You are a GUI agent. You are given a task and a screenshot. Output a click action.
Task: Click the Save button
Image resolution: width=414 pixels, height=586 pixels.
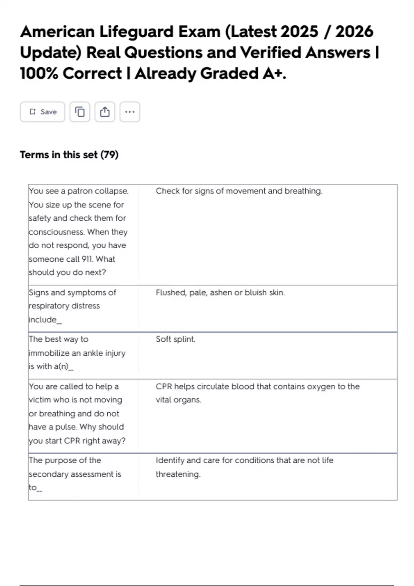click(42, 112)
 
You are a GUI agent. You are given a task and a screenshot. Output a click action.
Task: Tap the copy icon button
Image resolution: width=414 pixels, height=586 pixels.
click(80, 112)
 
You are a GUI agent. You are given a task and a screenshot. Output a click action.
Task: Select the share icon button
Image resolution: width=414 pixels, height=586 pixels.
click(105, 112)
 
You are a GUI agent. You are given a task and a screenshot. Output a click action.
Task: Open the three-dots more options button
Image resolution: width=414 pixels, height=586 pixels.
click(130, 112)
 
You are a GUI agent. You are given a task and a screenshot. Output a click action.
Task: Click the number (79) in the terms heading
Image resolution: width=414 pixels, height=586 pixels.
click(109, 155)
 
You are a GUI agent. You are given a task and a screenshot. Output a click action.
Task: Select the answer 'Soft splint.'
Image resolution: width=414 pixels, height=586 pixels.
click(175, 339)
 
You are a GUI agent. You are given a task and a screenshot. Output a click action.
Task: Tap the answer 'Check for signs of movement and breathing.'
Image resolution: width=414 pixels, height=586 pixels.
click(239, 191)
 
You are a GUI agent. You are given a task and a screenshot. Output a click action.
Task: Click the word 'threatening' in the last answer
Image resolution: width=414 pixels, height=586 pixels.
click(177, 474)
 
